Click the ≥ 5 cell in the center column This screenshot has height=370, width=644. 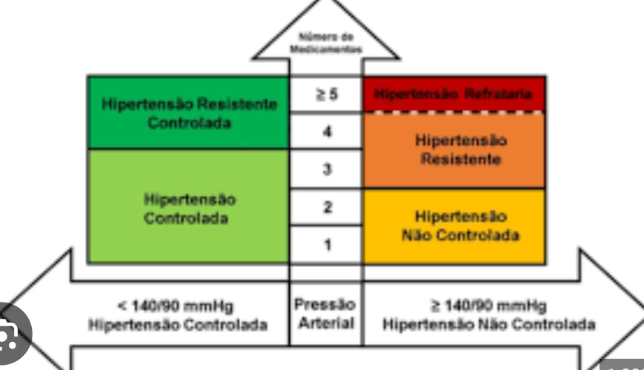coord(326,95)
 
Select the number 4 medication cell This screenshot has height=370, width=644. coord(326,132)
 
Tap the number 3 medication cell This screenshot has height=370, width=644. coord(326,170)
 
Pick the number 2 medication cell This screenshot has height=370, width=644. coord(326,208)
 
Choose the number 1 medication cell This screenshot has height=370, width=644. coord(326,245)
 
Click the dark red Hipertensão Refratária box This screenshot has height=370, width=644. coord(454,94)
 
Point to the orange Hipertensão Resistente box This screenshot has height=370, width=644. coord(454,150)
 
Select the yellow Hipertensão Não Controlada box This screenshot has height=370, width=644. coord(454,225)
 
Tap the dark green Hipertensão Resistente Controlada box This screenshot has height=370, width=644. coord(188,113)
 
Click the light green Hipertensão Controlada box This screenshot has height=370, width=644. coord(188,208)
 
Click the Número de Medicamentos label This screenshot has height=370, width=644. coord(326,43)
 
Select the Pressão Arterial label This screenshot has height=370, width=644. coord(325,314)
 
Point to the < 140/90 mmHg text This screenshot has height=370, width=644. coord(177,305)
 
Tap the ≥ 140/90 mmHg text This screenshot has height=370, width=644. coord(489,305)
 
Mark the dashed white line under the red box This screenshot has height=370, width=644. coord(454,112)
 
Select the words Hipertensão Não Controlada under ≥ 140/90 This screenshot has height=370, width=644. coord(489,325)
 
